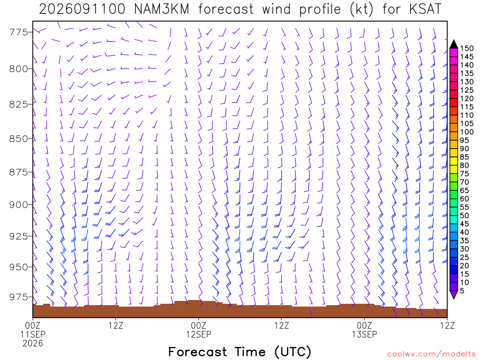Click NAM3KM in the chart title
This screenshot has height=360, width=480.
[x=162, y=9]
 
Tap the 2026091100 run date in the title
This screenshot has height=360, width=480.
[x=82, y=9]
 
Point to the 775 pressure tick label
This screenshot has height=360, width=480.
[x=18, y=32]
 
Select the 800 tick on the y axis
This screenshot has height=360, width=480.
[x=18, y=68]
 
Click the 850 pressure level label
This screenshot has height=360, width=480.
[x=18, y=138]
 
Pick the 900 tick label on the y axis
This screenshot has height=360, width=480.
[x=18, y=204]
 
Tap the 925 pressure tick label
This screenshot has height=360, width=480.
[x=18, y=236]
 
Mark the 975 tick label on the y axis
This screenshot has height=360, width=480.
[x=18, y=297]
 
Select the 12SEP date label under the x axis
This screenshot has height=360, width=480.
[x=199, y=334]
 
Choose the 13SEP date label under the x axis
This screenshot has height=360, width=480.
[x=364, y=334]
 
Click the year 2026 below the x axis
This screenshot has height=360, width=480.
[x=33, y=344]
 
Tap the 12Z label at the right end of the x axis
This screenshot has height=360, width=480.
[x=447, y=325]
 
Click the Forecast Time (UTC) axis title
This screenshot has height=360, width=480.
[x=240, y=352]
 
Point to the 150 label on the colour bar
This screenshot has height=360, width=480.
[x=467, y=48]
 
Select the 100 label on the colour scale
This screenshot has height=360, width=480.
[x=467, y=132]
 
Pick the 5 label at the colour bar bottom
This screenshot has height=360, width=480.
[x=462, y=291]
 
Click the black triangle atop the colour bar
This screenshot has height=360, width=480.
[x=454, y=45]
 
